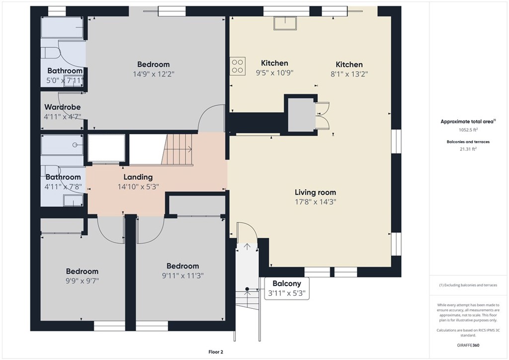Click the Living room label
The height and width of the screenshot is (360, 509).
(x=315, y=192)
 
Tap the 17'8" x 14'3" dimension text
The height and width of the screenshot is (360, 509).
(x=315, y=202)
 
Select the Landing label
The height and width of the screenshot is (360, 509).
(x=138, y=177)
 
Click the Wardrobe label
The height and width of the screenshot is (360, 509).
(x=62, y=107)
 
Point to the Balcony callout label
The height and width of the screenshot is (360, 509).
(x=287, y=283)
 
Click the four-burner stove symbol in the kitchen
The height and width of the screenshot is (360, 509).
(x=238, y=66)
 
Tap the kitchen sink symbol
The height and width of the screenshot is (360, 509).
(x=285, y=23)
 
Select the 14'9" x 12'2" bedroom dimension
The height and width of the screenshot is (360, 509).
(x=154, y=74)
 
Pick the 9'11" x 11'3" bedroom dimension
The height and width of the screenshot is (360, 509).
(x=183, y=275)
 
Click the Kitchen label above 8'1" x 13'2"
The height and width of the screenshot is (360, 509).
(x=349, y=64)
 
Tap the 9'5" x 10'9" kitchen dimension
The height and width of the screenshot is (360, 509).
(x=274, y=73)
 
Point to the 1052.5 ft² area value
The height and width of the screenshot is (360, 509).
(x=468, y=130)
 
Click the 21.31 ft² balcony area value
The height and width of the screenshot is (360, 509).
(x=468, y=149)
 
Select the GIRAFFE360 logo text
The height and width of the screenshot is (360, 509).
(x=468, y=345)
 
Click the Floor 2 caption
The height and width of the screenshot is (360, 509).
(x=216, y=352)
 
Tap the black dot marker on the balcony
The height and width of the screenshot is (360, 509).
(x=247, y=289)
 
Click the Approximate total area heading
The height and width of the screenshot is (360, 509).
(x=468, y=122)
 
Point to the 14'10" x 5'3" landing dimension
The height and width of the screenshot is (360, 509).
(x=138, y=186)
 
